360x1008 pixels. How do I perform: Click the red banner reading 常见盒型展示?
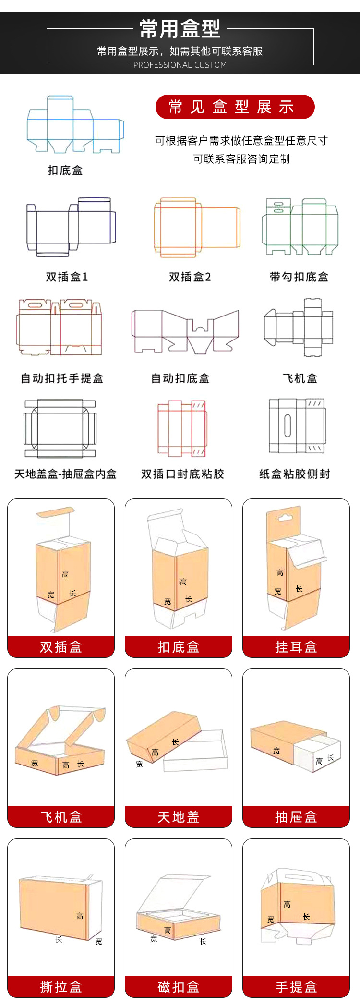[235, 107]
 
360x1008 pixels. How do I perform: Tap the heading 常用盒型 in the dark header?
[180, 29]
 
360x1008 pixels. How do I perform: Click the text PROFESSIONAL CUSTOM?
[180, 65]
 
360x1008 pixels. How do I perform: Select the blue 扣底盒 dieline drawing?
[75, 125]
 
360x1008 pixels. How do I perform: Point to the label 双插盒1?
[67, 277]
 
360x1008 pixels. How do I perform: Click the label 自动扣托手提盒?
[62, 378]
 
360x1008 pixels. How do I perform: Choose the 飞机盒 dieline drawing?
[299, 328]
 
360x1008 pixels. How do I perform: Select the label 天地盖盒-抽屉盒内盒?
[65, 474]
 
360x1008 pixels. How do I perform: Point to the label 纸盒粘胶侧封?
[295, 474]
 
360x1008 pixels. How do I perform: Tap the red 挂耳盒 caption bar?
[296, 647]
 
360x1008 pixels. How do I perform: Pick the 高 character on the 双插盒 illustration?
[65, 574]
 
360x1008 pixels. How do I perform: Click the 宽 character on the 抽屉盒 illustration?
[276, 751]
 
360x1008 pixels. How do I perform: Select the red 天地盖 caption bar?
[179, 817]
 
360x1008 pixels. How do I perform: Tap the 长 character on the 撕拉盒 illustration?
[59, 939]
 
